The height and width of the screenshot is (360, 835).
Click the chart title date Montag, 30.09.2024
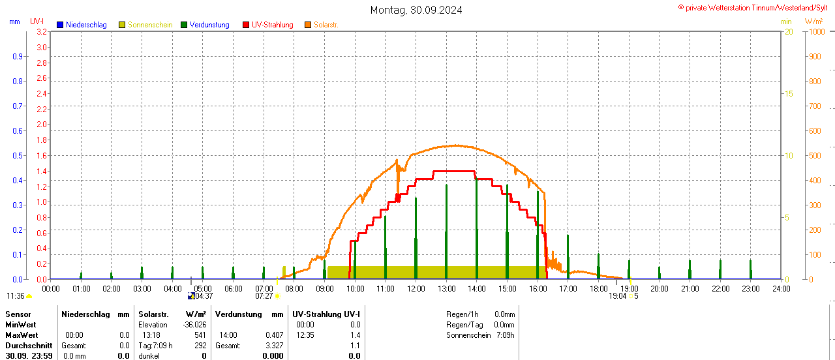click(416, 10)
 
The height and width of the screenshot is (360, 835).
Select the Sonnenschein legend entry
click(149, 25)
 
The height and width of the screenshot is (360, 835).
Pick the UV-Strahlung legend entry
click(275, 25)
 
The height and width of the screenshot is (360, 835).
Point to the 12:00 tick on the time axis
click(416, 288)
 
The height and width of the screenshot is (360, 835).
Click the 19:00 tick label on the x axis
click(629, 288)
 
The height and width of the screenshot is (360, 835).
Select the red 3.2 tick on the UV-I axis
click(42, 32)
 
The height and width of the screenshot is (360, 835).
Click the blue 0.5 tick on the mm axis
click(18, 156)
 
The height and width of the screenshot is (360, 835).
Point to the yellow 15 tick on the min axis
click(789, 94)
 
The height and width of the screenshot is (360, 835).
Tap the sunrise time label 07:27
click(264, 296)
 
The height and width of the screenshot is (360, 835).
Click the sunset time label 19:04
click(617, 296)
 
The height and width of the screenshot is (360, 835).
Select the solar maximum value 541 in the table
click(200, 335)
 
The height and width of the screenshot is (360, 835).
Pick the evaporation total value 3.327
click(274, 346)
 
